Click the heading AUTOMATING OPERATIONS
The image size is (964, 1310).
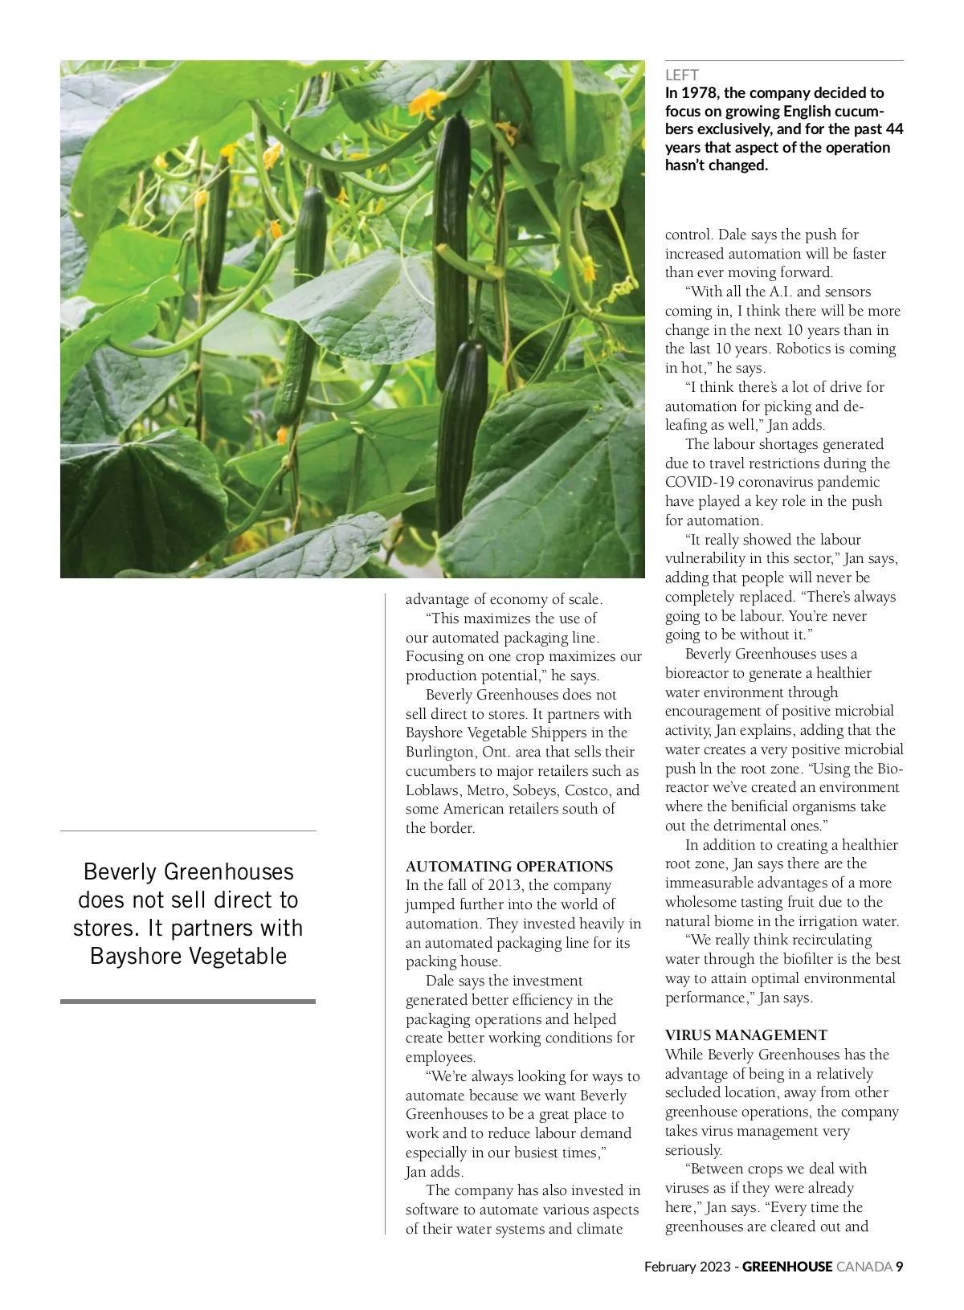click(509, 867)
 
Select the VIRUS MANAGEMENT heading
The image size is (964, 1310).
click(745, 1035)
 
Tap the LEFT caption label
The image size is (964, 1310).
click(681, 75)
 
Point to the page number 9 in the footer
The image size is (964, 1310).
click(900, 1267)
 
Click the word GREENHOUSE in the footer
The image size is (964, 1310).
click(786, 1267)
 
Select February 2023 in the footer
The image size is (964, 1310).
click(687, 1267)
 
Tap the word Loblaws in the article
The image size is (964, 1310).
click(433, 790)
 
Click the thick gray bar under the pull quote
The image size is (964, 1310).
click(188, 1002)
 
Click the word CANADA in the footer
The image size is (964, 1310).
click(864, 1267)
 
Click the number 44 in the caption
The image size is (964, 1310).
click(894, 129)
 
